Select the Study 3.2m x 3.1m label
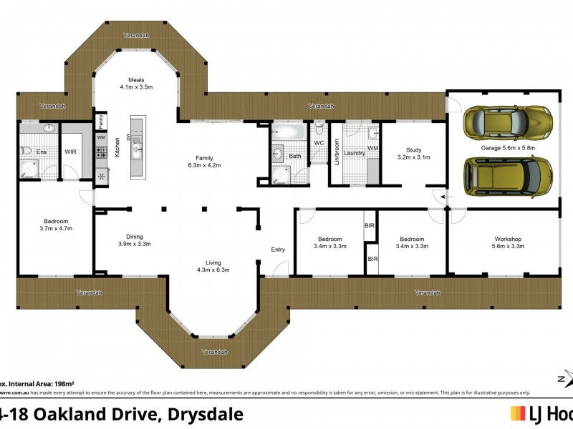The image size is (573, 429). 413,153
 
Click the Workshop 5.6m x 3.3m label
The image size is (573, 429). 509,242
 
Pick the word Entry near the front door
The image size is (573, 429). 278,250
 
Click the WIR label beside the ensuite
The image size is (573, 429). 70,152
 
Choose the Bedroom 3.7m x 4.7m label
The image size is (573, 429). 57,225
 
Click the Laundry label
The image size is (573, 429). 355,153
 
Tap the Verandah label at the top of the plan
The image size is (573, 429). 136,35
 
